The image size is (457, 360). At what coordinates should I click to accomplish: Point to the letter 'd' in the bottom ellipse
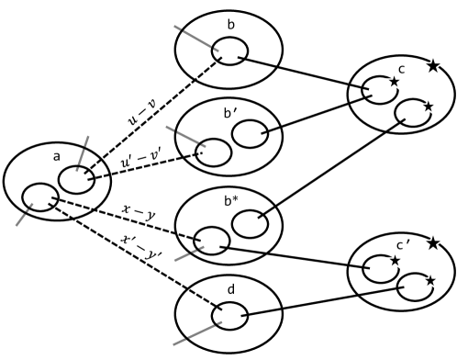pos(230,291)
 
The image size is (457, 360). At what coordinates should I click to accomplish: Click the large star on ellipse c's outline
pos(431,65)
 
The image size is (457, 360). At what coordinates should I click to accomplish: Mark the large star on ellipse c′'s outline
pos(433,244)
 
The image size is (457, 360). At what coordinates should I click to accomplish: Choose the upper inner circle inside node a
pos(77,180)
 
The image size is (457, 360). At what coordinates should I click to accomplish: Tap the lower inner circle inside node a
pos(39,195)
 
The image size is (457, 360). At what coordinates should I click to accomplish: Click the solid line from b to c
pos(303,73)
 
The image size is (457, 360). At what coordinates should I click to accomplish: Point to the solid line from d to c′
pos(321,302)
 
